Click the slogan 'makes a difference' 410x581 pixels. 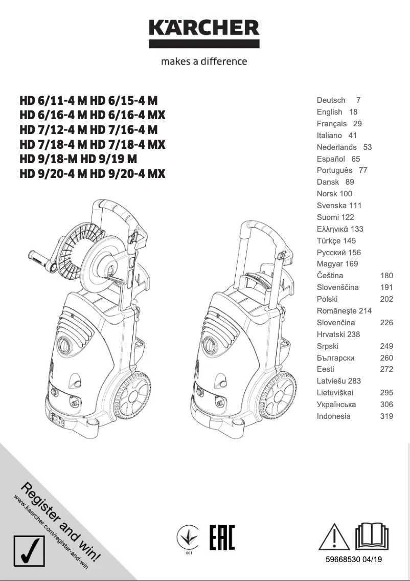click(204, 61)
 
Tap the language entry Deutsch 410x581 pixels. click(331, 100)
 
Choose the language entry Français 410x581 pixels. click(331, 124)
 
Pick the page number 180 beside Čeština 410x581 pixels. click(386, 276)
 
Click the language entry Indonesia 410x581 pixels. click(333, 416)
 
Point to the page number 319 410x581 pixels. click(386, 416)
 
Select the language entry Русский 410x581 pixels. click(331, 253)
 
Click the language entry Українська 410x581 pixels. click(336, 405)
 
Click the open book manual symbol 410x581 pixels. click(372, 537)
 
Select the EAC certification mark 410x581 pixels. click(222, 537)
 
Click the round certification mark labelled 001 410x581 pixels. click(189, 537)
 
